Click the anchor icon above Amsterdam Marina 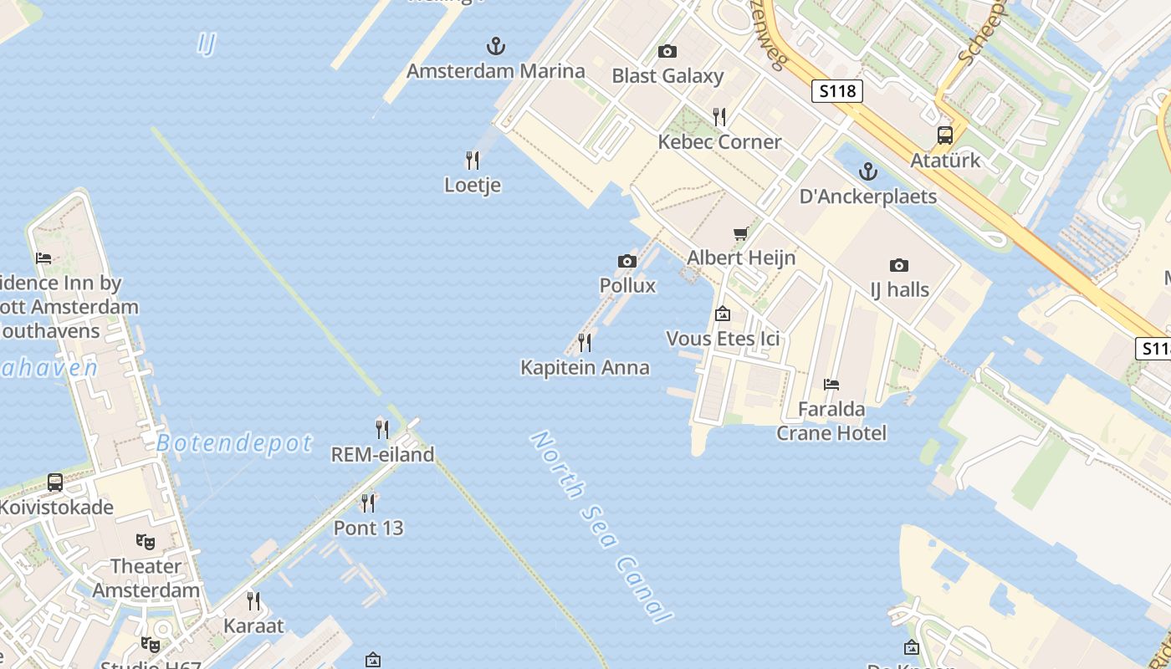click(x=496, y=45)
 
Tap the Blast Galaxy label click(x=667, y=76)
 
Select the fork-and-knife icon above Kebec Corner click(x=718, y=115)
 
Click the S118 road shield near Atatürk click(x=836, y=90)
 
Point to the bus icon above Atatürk click(x=945, y=135)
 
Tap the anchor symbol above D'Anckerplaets click(x=868, y=171)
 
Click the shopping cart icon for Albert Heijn click(x=740, y=233)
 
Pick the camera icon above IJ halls click(x=899, y=265)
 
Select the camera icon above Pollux click(x=627, y=261)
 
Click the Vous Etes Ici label click(x=723, y=339)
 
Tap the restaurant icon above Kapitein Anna click(x=585, y=342)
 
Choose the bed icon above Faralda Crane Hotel click(x=831, y=385)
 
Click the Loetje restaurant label click(x=473, y=185)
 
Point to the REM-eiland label click(x=383, y=455)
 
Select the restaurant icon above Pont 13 click(x=367, y=503)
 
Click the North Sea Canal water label click(x=601, y=527)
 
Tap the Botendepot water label click(x=234, y=443)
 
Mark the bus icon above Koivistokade click(x=55, y=483)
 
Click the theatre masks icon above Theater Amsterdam click(x=146, y=542)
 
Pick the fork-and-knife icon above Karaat click(x=253, y=600)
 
